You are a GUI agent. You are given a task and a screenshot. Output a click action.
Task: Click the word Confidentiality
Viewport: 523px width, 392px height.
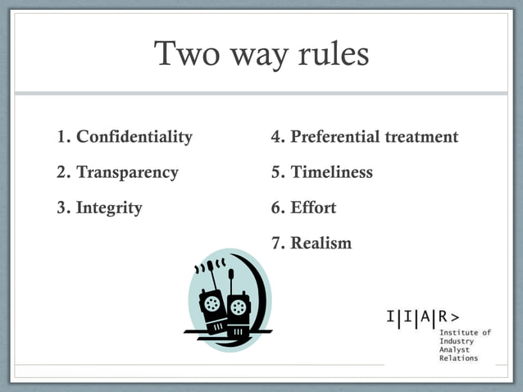[134, 137]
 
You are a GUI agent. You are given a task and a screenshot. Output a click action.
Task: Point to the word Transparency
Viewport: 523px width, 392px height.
[127, 173]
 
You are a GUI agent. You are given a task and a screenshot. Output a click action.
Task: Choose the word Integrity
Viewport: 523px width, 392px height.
[109, 208]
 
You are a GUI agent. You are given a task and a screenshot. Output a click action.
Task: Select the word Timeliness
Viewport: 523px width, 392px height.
[331, 172]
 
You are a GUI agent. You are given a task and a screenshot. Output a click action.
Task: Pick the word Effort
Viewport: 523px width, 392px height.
[313, 208]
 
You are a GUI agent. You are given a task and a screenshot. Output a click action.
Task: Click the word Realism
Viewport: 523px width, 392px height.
[321, 244]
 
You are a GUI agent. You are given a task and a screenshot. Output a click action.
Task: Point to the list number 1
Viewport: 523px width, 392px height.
[63, 137]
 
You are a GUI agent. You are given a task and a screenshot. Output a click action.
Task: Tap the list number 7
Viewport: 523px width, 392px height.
[277, 244]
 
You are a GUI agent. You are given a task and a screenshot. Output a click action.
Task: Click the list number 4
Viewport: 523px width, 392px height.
[277, 137]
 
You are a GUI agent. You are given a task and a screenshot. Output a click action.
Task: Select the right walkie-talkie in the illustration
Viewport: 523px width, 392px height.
[238, 310]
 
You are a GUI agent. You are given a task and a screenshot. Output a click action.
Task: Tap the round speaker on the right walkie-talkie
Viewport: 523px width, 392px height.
[239, 308]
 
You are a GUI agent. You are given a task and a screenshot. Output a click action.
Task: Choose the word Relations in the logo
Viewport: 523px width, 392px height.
[459, 358]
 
